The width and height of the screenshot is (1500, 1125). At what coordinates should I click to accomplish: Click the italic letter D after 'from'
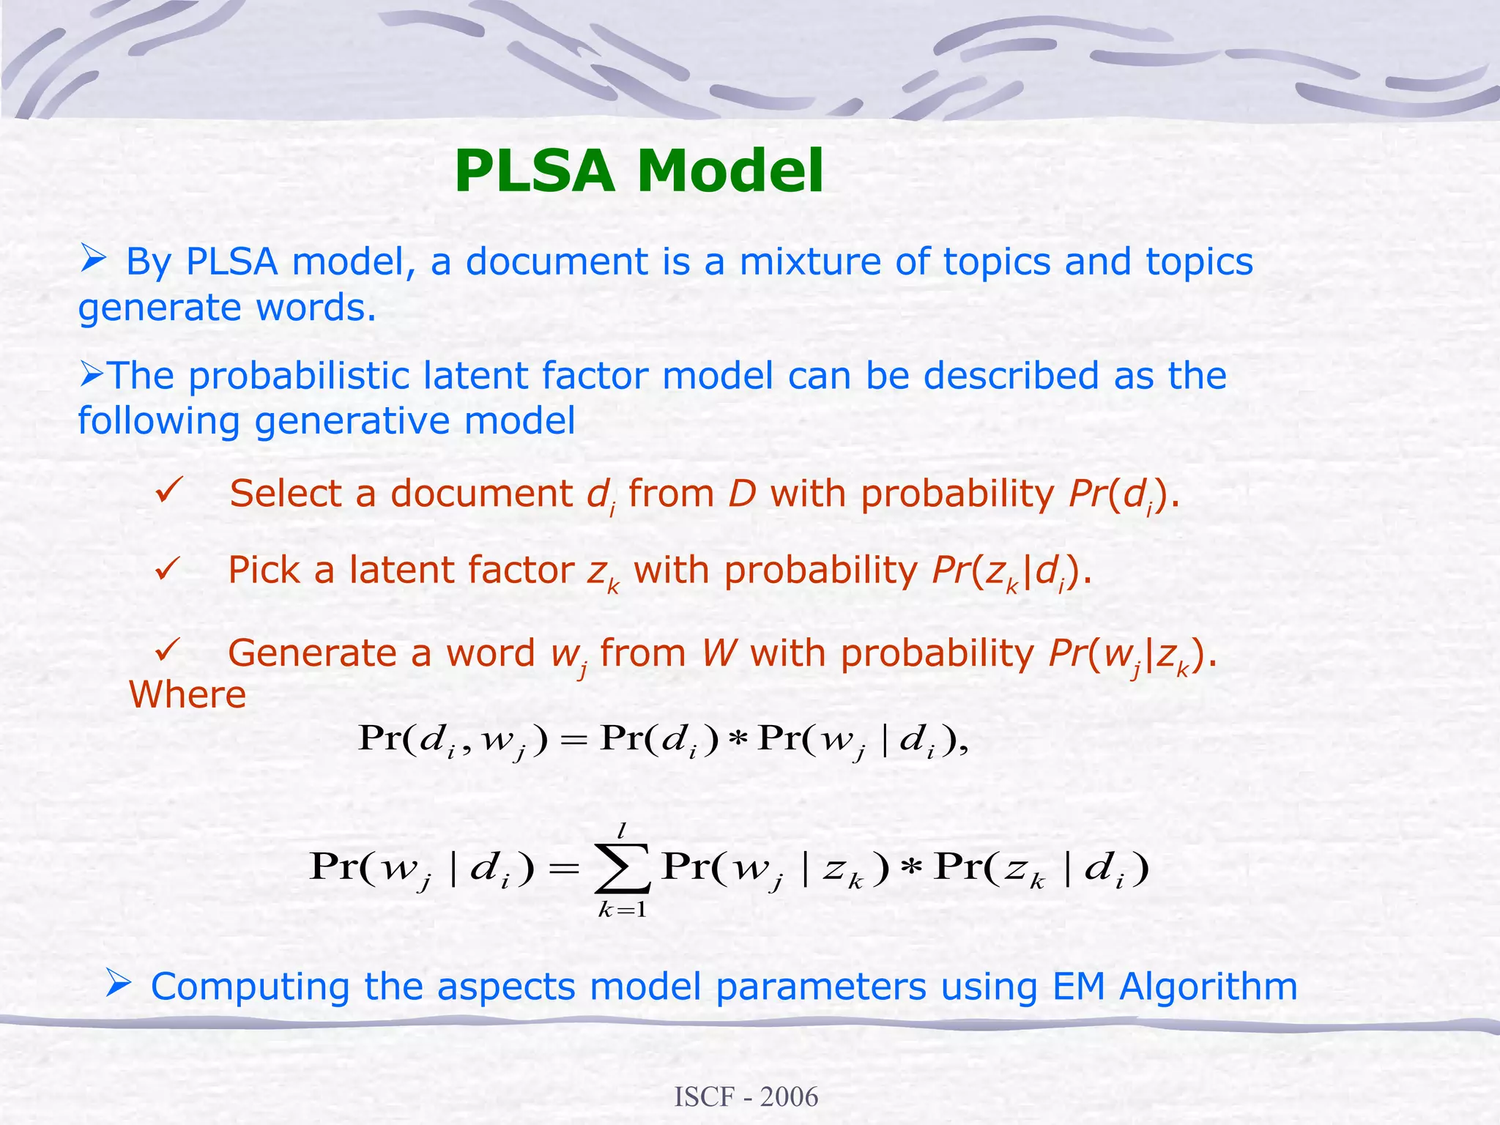click(x=741, y=494)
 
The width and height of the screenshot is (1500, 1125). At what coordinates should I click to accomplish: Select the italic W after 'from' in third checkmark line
click(x=718, y=653)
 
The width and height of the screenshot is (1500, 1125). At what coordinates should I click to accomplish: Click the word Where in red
click(x=187, y=694)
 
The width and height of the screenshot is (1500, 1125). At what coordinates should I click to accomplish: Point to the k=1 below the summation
click(x=622, y=910)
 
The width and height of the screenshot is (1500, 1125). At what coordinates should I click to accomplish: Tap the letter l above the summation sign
click(x=622, y=831)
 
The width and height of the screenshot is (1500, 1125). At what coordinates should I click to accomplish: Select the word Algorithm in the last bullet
click(x=1208, y=986)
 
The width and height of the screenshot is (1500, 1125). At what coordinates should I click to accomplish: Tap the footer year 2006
click(x=789, y=1097)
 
